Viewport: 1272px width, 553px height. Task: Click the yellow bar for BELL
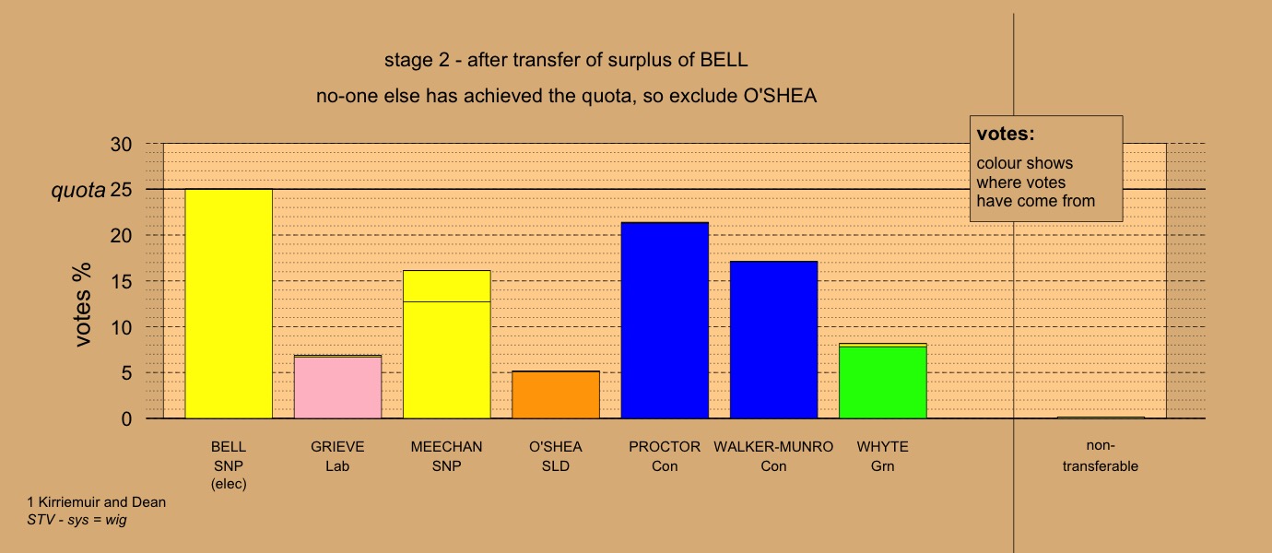[229, 304]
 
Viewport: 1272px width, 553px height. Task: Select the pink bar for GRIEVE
[338, 388]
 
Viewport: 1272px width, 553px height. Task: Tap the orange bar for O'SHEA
[556, 395]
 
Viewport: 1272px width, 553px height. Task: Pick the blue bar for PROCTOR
[665, 321]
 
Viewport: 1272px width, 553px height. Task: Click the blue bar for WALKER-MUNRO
[774, 340]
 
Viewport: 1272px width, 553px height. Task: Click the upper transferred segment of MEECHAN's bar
[447, 286]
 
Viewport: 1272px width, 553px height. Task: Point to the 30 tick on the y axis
[121, 144]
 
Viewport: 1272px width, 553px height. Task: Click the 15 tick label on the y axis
[121, 282]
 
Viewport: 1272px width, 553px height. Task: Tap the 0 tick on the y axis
[126, 419]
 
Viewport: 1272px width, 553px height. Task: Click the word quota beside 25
[78, 190]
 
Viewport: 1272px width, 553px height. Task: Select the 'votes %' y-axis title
[82, 304]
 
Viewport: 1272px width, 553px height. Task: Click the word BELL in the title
[724, 60]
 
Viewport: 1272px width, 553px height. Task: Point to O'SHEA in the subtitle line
[780, 95]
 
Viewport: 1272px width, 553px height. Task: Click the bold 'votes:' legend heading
[1006, 134]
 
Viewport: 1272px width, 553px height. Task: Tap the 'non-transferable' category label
[1101, 456]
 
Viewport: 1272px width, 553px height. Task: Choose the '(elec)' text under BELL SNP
[229, 484]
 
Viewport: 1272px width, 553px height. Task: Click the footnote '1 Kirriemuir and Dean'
[97, 502]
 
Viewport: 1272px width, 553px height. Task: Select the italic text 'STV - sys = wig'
[77, 520]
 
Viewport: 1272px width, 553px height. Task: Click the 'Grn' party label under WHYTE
[882, 466]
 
